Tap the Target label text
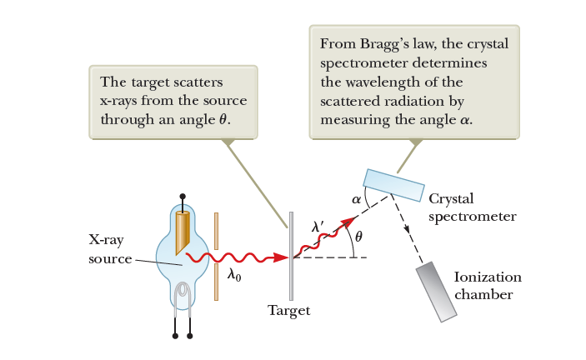[x=288, y=311]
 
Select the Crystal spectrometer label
[x=473, y=207]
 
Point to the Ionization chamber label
[x=488, y=286]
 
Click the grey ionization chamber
[x=438, y=291]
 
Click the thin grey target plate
[x=291, y=256]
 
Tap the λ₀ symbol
[x=234, y=276]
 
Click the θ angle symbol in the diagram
[x=358, y=237]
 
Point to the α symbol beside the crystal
[x=356, y=200]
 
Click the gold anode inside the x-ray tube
[x=182, y=233]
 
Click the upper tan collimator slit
[x=217, y=232]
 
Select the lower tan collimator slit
[x=217, y=282]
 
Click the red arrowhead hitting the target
[x=282, y=257]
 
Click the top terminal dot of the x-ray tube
[x=181, y=198]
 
